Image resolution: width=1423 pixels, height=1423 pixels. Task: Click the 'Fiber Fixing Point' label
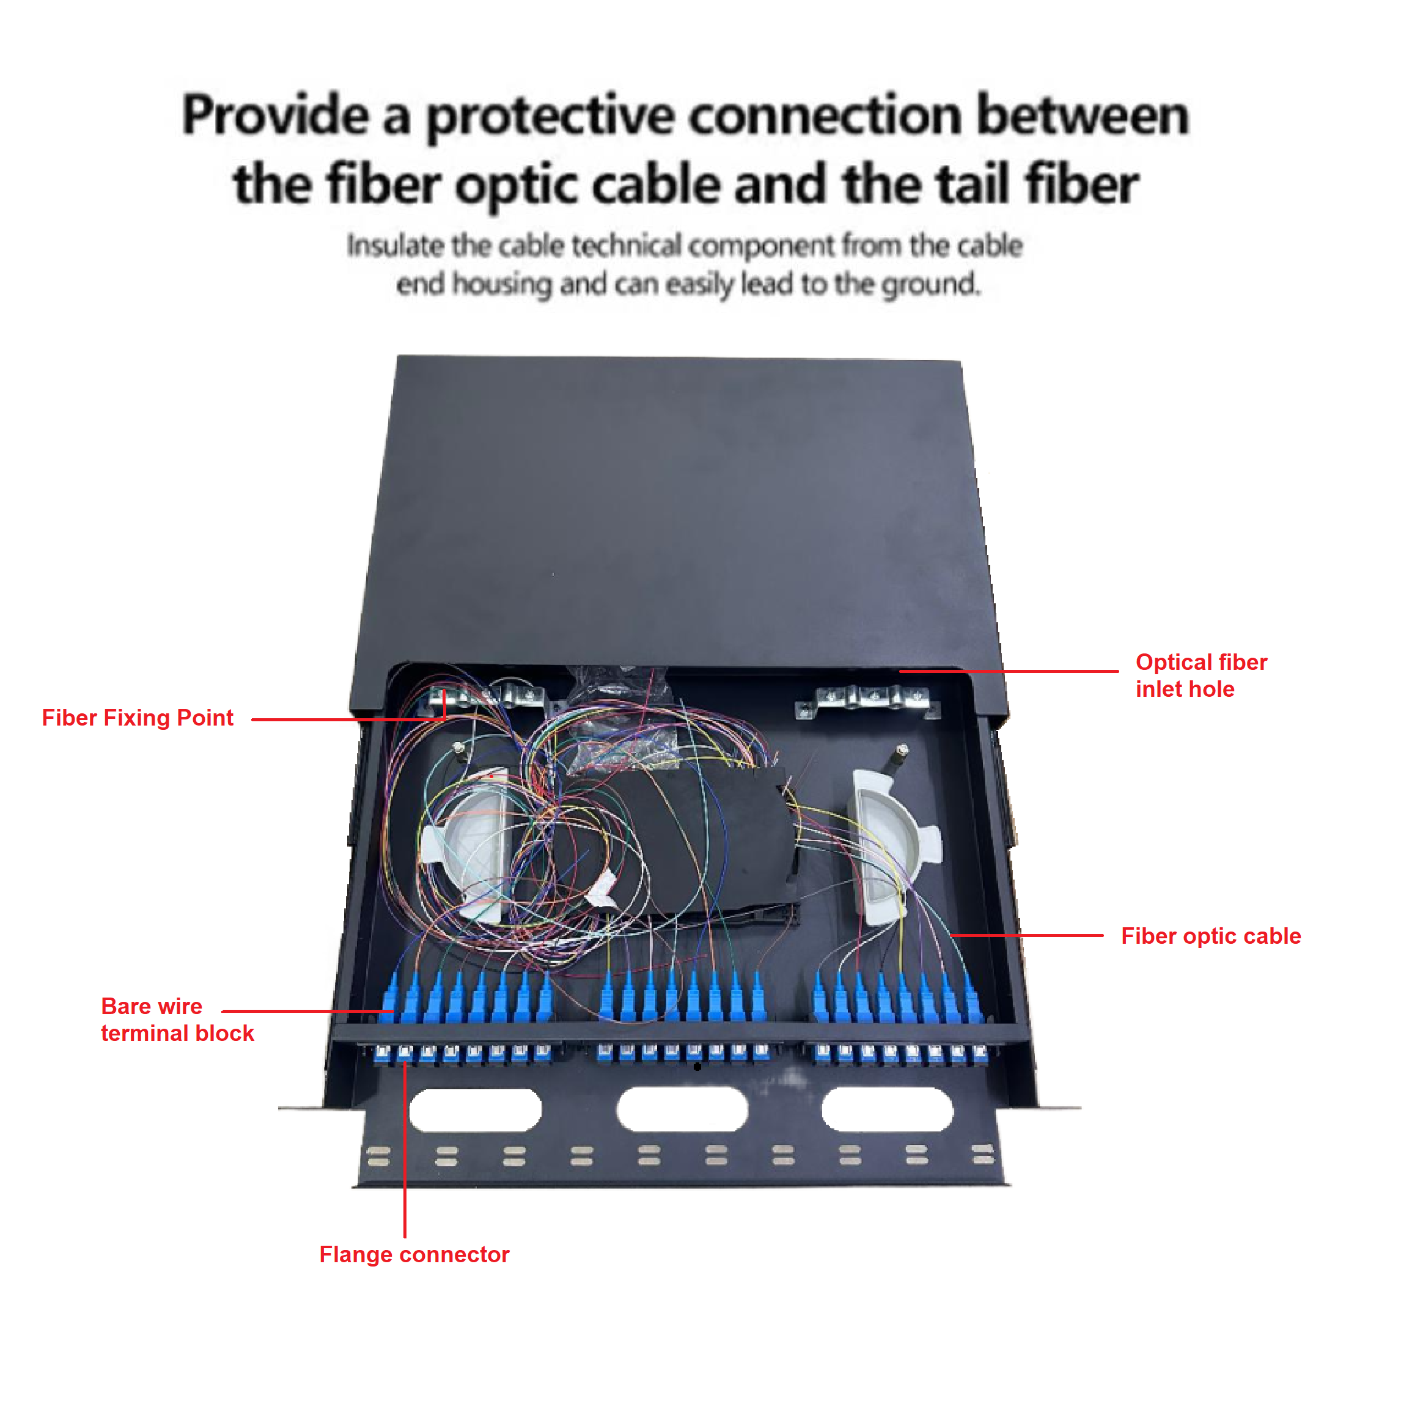click(137, 718)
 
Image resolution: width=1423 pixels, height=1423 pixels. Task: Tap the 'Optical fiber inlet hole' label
click(1201, 675)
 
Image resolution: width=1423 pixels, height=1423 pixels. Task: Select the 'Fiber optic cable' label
click(1210, 936)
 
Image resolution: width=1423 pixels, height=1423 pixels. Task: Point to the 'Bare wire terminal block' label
click(177, 1020)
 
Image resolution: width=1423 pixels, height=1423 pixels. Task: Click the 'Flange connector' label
click(414, 1254)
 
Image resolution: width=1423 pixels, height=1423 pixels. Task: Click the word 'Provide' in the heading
click(274, 116)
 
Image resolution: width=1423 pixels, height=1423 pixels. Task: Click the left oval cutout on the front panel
click(475, 1110)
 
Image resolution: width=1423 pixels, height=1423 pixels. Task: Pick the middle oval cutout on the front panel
click(682, 1110)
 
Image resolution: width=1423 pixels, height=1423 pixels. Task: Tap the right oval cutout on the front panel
click(887, 1110)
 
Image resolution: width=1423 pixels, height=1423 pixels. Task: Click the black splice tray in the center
click(707, 840)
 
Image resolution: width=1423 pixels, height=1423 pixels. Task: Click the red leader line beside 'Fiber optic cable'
click(1028, 935)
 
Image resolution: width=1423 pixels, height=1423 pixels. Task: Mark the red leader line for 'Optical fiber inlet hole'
click(1009, 671)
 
